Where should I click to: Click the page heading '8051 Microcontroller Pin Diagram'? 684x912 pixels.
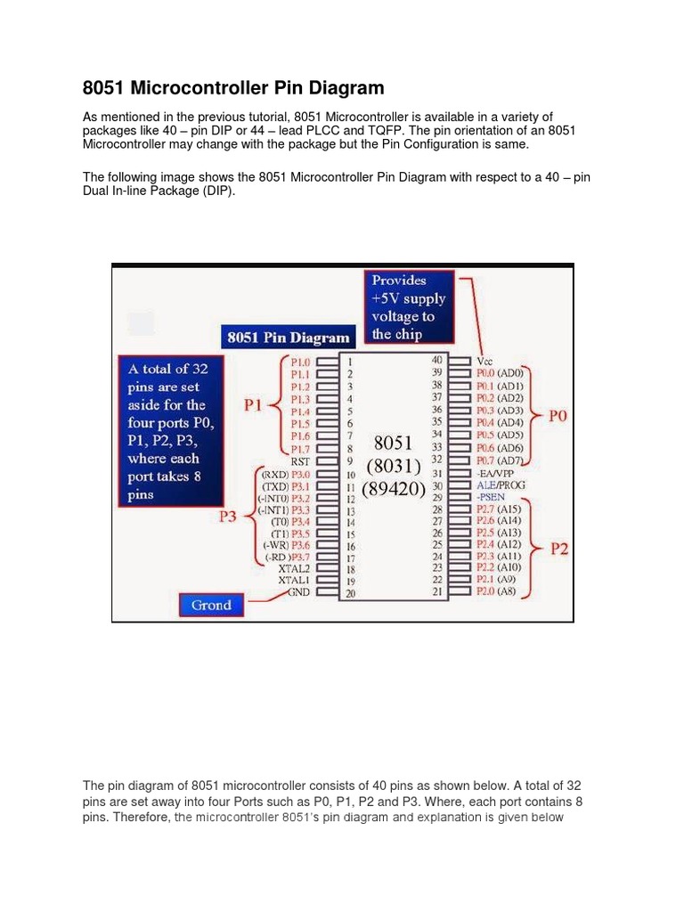(x=233, y=88)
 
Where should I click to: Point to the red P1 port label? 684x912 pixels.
(x=254, y=405)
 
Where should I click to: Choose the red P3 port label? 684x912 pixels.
(x=228, y=517)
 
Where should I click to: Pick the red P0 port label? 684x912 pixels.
(x=558, y=416)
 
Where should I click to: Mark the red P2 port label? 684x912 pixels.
(x=558, y=549)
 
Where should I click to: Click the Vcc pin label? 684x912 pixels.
(x=485, y=361)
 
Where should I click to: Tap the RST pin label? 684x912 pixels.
(x=299, y=461)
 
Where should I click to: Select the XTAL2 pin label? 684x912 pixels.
(x=294, y=567)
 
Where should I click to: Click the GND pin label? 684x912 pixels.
(x=298, y=591)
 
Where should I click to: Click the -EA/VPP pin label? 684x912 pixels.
(x=498, y=474)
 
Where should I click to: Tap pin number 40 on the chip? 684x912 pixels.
(x=436, y=360)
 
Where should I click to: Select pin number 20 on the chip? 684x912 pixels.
(x=350, y=593)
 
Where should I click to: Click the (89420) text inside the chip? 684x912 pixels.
(x=393, y=489)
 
